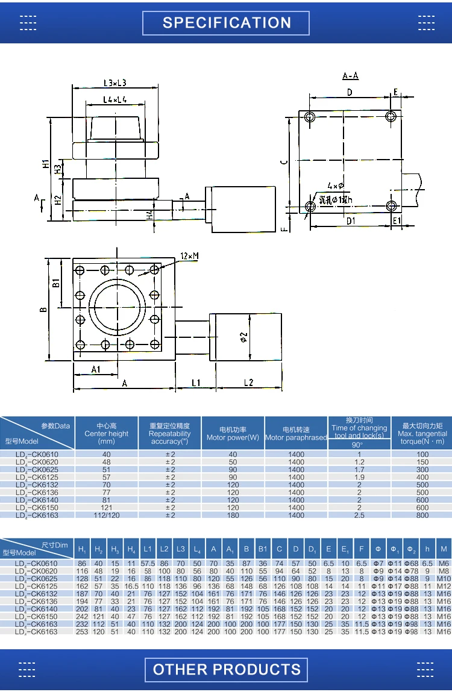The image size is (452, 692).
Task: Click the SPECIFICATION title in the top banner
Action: (227, 23)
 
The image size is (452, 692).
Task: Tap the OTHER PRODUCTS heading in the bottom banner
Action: (227, 669)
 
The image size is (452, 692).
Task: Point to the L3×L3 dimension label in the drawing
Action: (115, 83)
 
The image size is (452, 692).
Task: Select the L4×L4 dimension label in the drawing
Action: (115, 99)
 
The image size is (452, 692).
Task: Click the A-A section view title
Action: (350, 76)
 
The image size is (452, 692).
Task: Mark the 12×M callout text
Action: (189, 256)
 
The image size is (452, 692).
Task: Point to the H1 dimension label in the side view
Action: (46, 164)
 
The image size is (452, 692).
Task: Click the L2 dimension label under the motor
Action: (248, 382)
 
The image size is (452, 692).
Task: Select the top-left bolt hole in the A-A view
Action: (309, 116)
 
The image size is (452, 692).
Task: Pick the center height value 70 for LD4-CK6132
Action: (107, 484)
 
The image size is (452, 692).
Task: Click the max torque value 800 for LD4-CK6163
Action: (422, 515)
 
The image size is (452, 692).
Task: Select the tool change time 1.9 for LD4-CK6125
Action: (359, 476)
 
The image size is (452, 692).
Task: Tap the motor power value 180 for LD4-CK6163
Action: (233, 515)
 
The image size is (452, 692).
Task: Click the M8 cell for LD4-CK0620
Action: (444, 570)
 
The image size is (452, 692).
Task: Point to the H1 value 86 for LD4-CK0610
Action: (82, 563)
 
